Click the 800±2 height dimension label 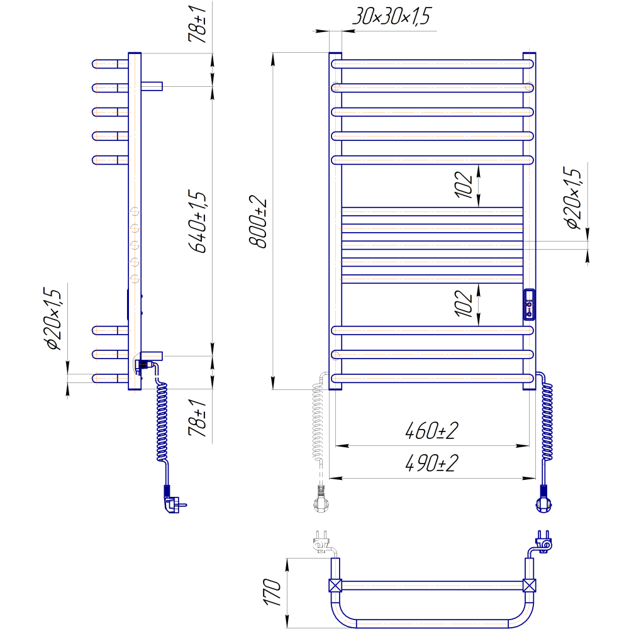[x=257, y=222]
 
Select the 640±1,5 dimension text [x=198, y=222]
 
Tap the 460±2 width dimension [x=431, y=430]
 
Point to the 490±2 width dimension [x=431, y=464]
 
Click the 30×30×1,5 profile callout [x=391, y=16]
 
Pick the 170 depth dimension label [x=272, y=592]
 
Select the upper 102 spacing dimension [x=464, y=184]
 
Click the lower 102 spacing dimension [x=464, y=303]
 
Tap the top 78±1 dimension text [x=198, y=24]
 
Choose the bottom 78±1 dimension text [x=198, y=418]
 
